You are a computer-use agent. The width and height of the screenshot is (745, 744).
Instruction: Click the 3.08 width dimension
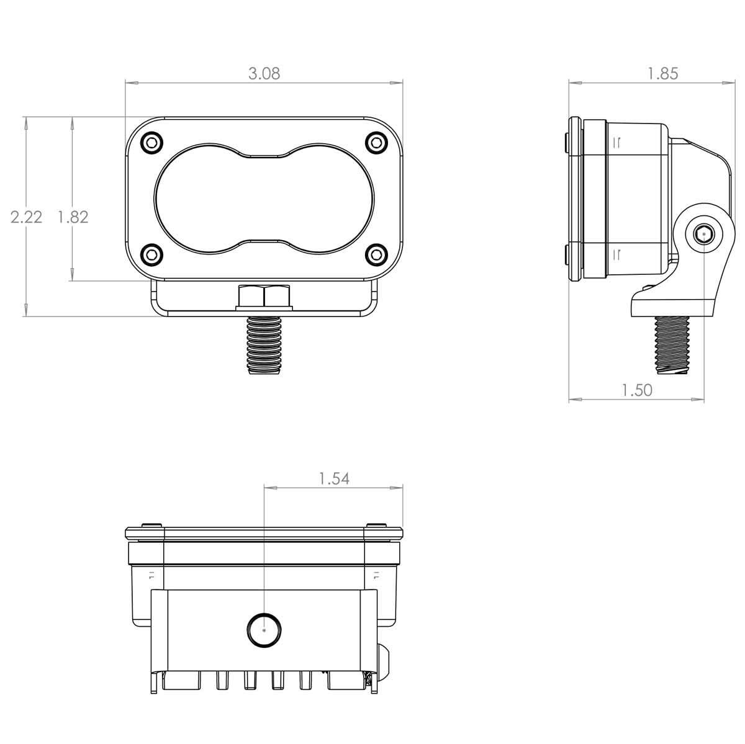(x=264, y=73)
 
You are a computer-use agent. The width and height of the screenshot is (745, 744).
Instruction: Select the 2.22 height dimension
(x=26, y=217)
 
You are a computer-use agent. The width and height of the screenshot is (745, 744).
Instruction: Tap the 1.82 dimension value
(x=73, y=217)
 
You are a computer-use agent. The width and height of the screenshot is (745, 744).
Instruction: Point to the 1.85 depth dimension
(x=663, y=73)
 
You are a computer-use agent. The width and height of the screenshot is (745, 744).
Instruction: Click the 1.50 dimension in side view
(x=637, y=390)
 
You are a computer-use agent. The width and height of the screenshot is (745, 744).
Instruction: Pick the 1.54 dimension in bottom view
(x=334, y=479)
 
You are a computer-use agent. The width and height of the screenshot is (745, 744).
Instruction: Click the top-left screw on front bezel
(x=151, y=143)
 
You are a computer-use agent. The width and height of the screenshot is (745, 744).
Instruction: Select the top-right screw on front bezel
(x=376, y=143)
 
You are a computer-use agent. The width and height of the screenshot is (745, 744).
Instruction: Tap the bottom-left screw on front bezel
(x=151, y=254)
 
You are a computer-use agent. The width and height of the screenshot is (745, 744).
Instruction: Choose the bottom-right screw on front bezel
(x=376, y=254)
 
